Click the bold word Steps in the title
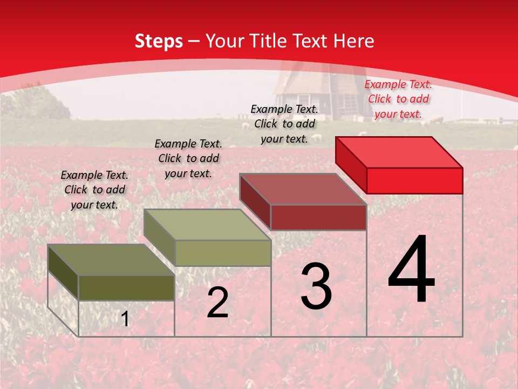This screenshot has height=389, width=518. (x=159, y=41)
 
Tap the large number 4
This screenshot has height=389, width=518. (x=411, y=270)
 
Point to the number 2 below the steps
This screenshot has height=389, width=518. (x=217, y=303)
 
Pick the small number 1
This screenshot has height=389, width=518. (x=125, y=319)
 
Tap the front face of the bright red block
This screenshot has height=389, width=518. (x=414, y=180)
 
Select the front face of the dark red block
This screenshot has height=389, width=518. (x=318, y=217)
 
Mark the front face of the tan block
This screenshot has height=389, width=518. (x=223, y=253)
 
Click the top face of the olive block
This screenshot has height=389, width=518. (x=111, y=260)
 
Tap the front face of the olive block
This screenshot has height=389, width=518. (x=127, y=287)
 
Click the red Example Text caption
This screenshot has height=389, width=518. (x=398, y=99)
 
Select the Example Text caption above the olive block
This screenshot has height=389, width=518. (x=94, y=190)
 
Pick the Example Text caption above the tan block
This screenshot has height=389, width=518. (x=188, y=159)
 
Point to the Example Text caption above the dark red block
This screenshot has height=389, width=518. (x=284, y=124)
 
